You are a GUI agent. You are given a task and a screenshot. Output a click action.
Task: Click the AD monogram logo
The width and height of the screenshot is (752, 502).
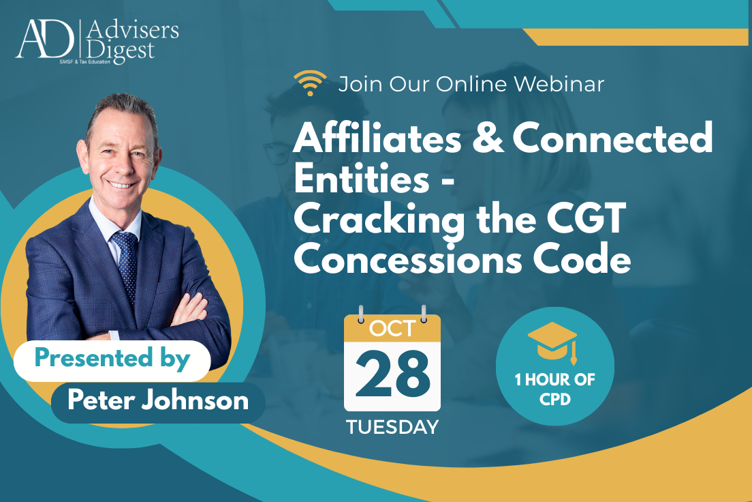tap(45, 40)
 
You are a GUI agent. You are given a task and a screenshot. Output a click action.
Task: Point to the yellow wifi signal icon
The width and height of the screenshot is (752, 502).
tap(310, 83)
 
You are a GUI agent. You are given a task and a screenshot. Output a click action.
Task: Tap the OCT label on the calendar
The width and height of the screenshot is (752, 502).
tap(392, 329)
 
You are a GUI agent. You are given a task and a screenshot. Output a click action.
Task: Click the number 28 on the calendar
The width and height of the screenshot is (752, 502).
tap(392, 375)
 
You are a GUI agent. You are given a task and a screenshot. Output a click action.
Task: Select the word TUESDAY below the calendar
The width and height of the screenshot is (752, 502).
tap(392, 428)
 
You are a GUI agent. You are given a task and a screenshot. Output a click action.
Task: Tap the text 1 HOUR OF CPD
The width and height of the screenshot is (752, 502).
tap(554, 389)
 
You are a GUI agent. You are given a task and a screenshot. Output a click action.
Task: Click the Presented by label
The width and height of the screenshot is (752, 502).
tap(112, 359)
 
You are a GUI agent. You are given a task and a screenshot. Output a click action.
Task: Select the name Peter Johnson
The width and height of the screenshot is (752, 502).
tap(158, 400)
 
